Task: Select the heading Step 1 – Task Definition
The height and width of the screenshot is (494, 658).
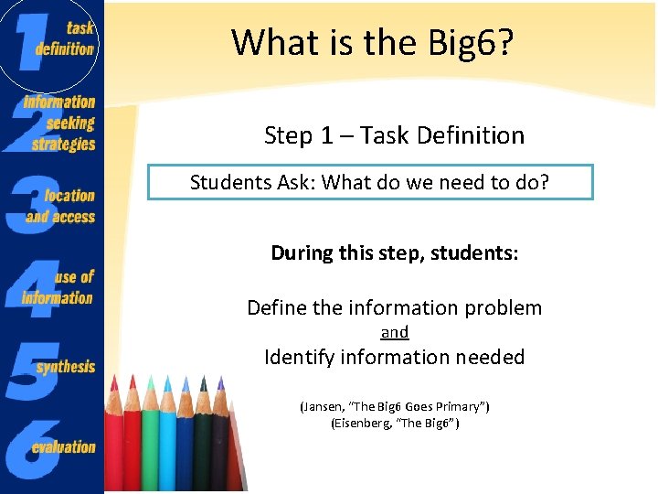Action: pos(394,135)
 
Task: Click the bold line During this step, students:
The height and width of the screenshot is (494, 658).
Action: pos(394,252)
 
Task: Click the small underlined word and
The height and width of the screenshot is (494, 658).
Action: pos(394,332)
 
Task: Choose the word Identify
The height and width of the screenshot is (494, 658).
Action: pos(299,357)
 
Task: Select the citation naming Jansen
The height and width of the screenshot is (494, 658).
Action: pos(394,406)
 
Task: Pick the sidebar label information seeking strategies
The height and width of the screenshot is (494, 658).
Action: pos(60,123)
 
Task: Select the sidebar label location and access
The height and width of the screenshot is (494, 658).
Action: pos(62,206)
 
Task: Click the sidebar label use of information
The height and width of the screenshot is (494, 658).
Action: pos(60,287)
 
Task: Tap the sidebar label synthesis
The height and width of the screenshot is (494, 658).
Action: pos(66,367)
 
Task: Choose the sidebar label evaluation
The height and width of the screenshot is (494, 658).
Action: pos(63,447)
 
